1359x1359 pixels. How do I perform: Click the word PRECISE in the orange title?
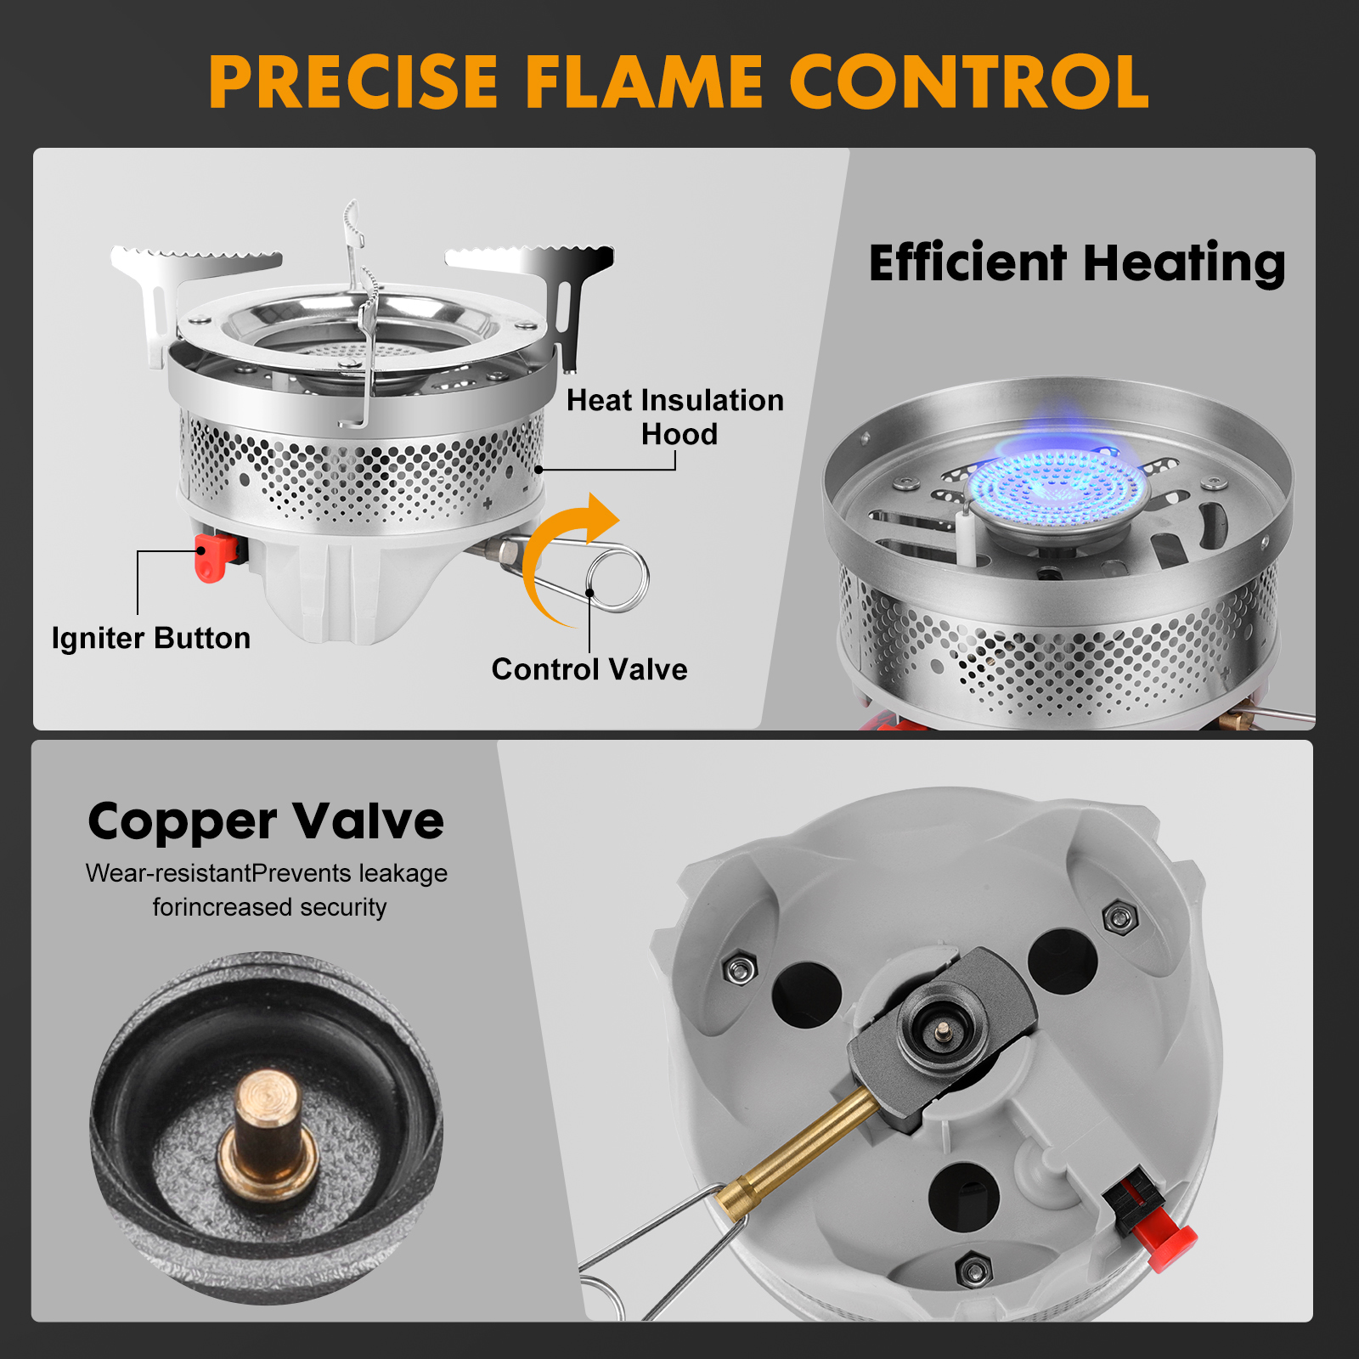pos(353,82)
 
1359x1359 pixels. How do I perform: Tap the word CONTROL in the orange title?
pos(969,82)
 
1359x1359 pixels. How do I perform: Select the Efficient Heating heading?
pos(1077,262)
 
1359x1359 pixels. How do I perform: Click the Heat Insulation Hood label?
pos(675,417)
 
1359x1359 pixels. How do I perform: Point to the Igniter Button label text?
pos(151,638)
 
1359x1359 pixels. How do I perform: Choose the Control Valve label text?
pos(589,669)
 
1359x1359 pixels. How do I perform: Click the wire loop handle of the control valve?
pos(618,578)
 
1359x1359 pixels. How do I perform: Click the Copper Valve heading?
pos(266,823)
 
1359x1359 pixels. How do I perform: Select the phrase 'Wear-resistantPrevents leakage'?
pos(267,873)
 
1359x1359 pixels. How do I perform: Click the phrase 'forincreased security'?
pos(269,907)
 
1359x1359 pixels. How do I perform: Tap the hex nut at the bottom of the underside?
pos(973,1271)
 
